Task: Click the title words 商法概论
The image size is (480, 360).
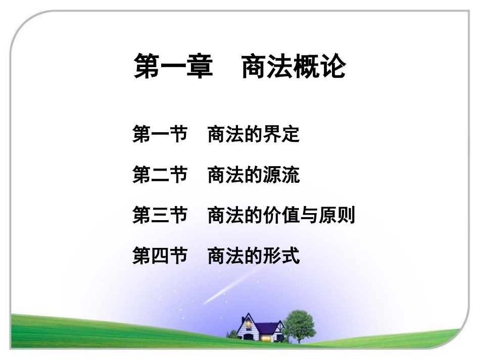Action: (294, 67)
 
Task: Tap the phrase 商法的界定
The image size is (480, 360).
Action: (254, 135)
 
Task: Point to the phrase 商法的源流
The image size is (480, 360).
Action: (254, 175)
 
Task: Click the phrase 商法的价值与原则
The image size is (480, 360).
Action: (281, 216)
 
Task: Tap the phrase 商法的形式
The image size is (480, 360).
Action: (254, 256)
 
